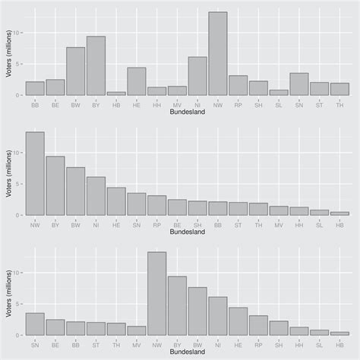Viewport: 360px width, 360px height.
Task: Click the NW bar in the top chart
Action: coord(218,53)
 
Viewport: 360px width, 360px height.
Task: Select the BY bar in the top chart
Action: coord(96,66)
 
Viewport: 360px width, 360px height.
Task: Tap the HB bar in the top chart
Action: coord(116,93)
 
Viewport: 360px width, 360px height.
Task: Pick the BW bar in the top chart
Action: coord(75,71)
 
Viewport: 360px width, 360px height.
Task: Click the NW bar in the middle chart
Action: coord(35,174)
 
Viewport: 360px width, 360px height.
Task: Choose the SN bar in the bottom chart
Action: coord(35,324)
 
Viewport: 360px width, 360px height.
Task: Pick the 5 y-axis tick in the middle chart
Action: coord(19,184)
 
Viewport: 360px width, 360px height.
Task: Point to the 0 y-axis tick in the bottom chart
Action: coord(19,335)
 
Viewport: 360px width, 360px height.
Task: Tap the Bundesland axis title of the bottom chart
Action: coord(188,352)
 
